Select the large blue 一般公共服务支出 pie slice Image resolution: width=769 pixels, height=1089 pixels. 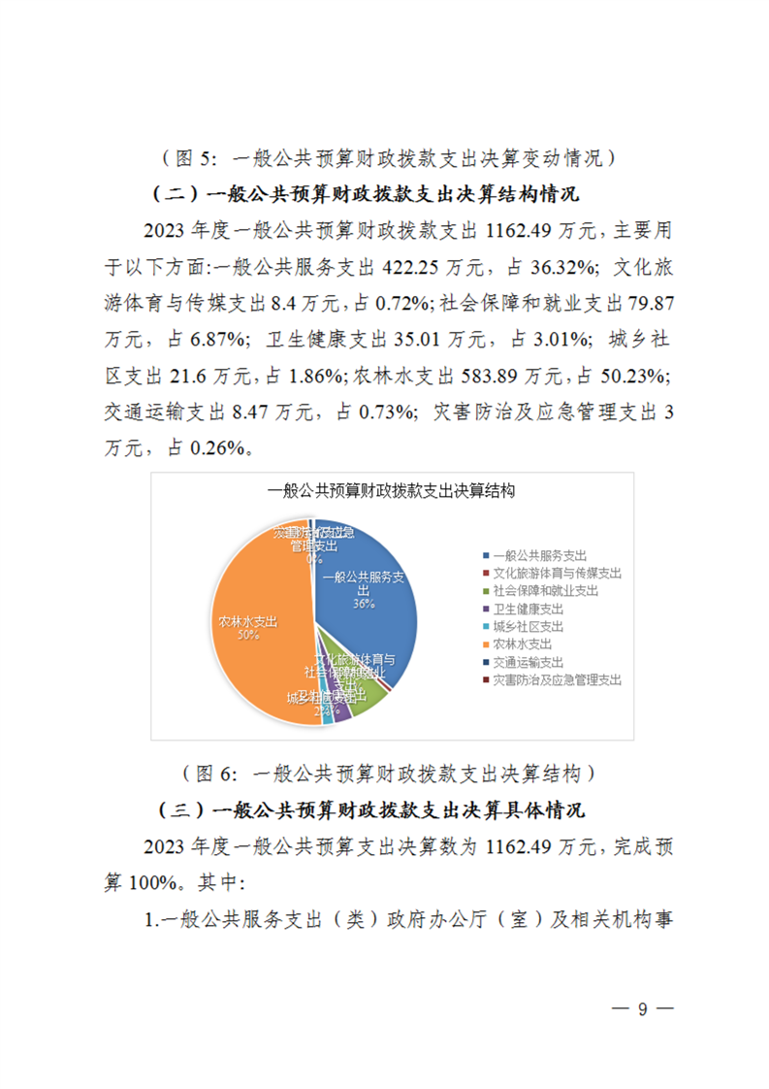373,621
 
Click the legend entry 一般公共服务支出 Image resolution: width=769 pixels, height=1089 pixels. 539,555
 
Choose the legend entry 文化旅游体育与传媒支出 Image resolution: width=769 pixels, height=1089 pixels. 557,573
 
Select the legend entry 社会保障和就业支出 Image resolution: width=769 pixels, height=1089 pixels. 545,590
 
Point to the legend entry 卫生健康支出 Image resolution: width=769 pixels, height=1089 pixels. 528,609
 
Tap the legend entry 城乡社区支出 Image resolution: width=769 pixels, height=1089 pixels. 528,626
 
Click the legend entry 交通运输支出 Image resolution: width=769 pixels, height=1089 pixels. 528,662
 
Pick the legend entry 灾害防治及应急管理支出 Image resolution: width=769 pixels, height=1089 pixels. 557,679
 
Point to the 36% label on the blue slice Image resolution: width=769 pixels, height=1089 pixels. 363,603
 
